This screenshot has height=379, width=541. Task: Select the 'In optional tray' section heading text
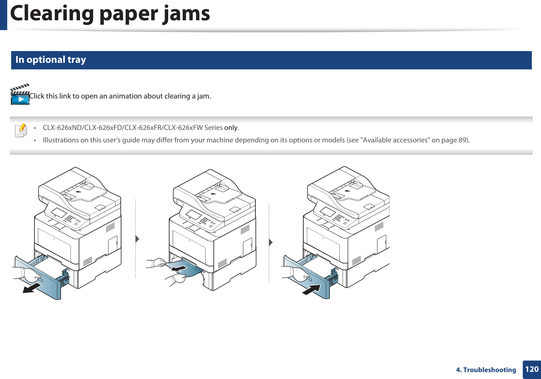[51, 60]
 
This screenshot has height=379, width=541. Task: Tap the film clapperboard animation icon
[20, 95]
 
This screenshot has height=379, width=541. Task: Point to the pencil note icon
[21, 130]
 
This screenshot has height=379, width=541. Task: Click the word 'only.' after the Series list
[231, 128]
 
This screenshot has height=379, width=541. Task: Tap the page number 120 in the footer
[531, 370]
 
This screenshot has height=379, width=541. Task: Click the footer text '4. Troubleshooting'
[486, 370]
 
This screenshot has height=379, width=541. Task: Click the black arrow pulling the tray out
[32, 288]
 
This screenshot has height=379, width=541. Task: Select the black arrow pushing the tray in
[311, 290]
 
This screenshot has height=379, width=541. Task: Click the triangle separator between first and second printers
[137, 239]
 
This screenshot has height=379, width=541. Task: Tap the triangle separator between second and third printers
[271, 243]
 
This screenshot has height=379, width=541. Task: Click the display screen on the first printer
[59, 213]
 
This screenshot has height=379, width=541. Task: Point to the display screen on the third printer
[328, 212]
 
